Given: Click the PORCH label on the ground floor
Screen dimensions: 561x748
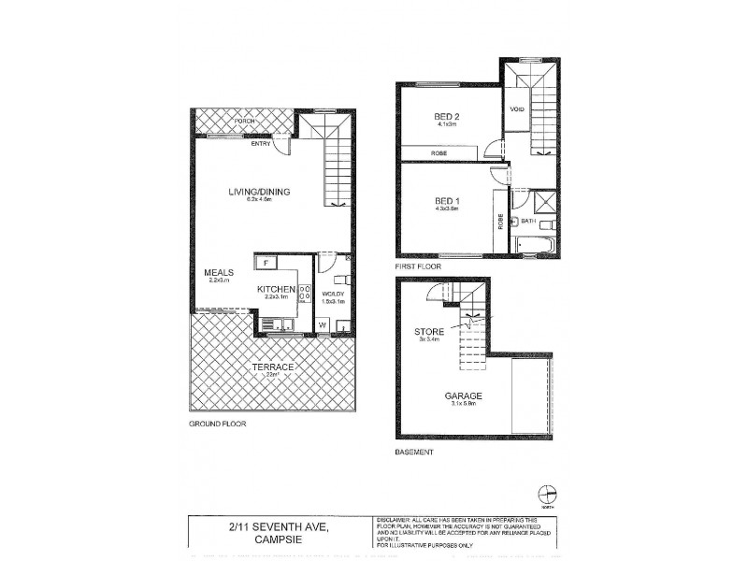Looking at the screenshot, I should tap(245, 122).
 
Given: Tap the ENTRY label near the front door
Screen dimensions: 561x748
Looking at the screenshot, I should tap(262, 144).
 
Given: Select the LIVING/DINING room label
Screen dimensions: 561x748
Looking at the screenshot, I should tap(260, 193).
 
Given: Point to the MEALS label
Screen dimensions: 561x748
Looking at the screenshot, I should tap(217, 273).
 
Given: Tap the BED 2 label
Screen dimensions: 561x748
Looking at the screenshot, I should tap(448, 116).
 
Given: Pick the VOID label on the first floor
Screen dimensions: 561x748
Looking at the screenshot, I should tap(515, 109).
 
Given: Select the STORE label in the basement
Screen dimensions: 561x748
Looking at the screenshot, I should tap(429, 331).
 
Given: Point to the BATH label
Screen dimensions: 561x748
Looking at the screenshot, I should tap(527, 222).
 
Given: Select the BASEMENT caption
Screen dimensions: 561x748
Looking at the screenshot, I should tap(415, 453).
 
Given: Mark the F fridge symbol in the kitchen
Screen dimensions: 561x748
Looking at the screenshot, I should tap(266, 264).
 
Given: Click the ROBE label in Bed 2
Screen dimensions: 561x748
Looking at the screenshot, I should tap(438, 152).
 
